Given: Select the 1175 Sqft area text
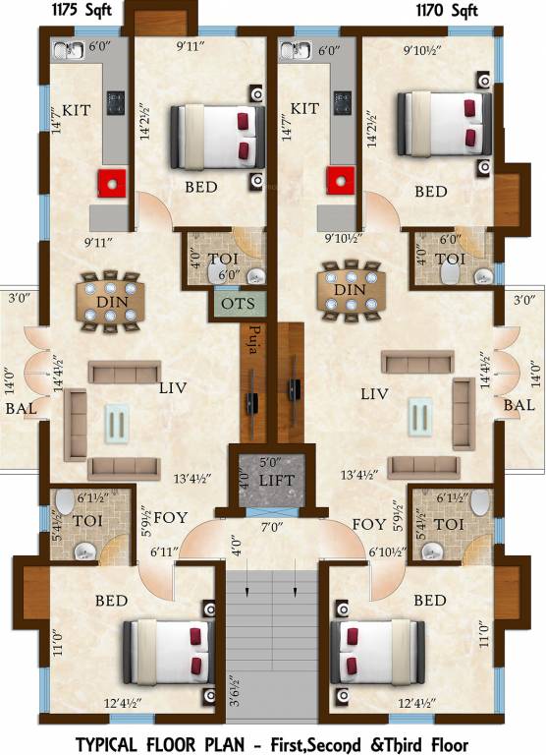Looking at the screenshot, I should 68,12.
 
